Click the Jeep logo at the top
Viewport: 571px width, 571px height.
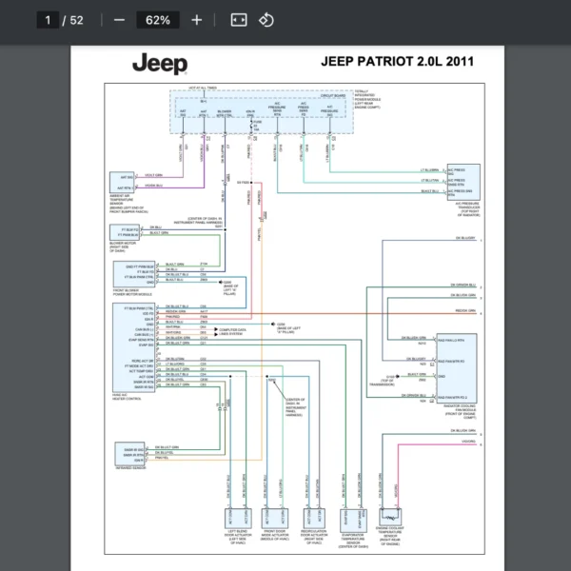[x=160, y=64]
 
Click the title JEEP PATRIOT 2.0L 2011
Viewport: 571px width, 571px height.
[x=397, y=62]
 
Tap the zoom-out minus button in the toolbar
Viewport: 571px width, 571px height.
[x=119, y=20]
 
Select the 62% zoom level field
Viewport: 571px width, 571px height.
[x=158, y=20]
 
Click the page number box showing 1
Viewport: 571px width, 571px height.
[x=48, y=20]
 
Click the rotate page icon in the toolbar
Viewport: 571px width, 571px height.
[x=266, y=20]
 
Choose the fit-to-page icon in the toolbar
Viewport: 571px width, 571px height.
[x=239, y=20]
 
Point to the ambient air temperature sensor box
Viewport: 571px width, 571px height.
[x=124, y=182]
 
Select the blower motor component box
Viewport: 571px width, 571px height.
[x=126, y=232]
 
